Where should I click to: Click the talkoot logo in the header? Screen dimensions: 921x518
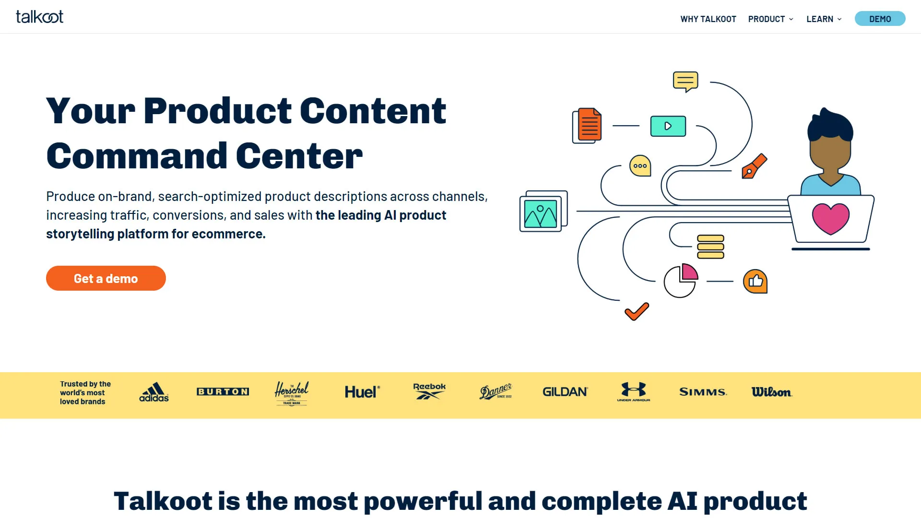tap(39, 17)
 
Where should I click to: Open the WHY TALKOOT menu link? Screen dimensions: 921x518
tap(708, 19)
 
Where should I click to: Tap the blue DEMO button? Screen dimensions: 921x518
tap(880, 19)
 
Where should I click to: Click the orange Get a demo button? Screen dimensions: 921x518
tap(106, 278)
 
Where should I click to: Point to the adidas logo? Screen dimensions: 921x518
tap(154, 392)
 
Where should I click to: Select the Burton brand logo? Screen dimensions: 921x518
tap(223, 392)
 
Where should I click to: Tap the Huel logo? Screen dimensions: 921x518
tap(362, 392)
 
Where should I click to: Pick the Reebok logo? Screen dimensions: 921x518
tap(429, 391)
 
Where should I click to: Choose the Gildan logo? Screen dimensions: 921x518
tap(565, 392)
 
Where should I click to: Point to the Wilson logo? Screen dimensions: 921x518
tap(772, 392)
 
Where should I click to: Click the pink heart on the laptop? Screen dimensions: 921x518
tap(831, 219)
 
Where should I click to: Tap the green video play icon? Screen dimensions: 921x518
tap(668, 126)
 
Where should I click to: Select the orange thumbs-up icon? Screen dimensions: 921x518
tap(756, 281)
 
